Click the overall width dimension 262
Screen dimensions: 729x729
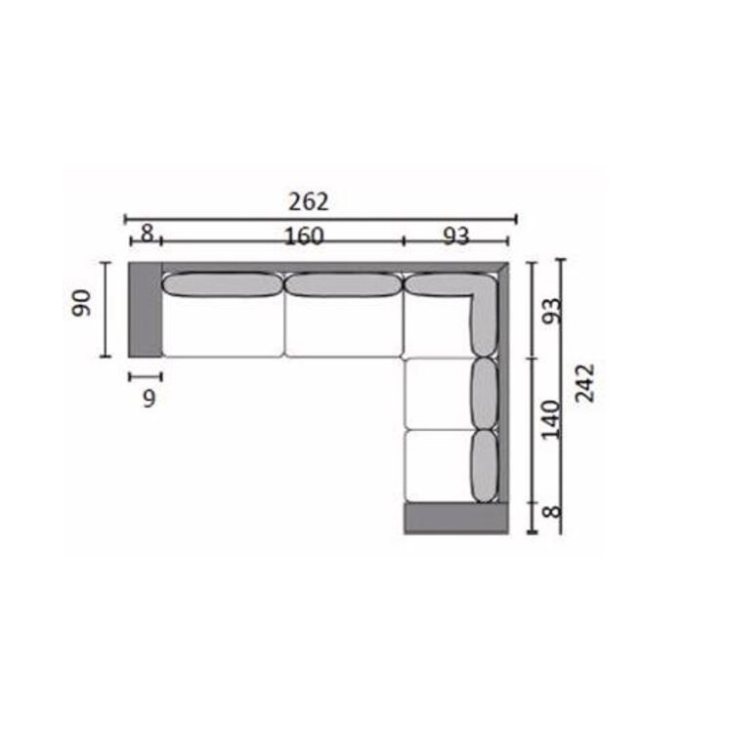pyautogui.click(x=308, y=201)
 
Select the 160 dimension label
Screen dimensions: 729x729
pyautogui.click(x=304, y=236)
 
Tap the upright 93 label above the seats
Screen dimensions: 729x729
pyautogui.click(x=455, y=236)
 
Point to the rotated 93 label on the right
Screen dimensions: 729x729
pyautogui.click(x=553, y=311)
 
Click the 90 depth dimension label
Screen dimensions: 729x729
pyautogui.click(x=81, y=303)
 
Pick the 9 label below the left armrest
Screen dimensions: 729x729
pyautogui.click(x=149, y=399)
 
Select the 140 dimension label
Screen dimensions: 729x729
pyautogui.click(x=552, y=419)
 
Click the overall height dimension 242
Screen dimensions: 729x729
pyautogui.click(x=585, y=383)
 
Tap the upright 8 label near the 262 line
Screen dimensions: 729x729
pyautogui.click(x=147, y=233)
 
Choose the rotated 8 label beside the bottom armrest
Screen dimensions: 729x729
pyautogui.click(x=552, y=512)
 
